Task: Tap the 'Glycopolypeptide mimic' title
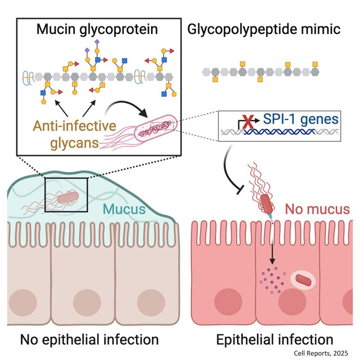click(264, 30)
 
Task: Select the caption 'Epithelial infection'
click(275, 340)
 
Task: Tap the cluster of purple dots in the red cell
click(271, 277)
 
